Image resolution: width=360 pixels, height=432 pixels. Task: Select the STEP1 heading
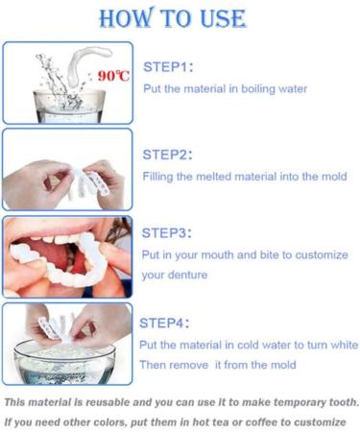(x=168, y=67)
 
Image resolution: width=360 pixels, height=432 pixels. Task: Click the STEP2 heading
(x=168, y=154)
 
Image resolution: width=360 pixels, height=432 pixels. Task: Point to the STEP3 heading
(x=168, y=232)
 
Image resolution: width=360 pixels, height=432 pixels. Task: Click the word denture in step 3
(x=192, y=275)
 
